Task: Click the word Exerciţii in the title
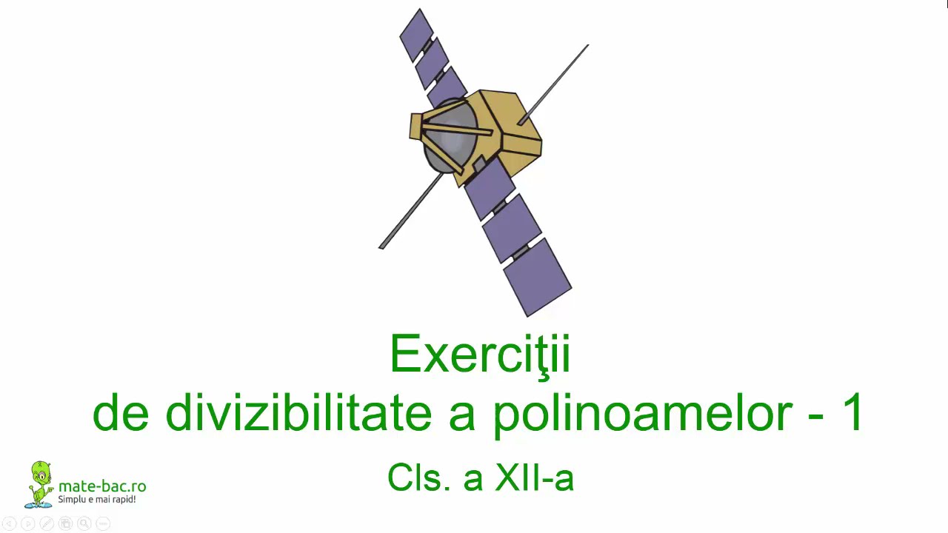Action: [480, 355]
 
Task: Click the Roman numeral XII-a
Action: [534, 477]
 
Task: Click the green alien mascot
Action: [40, 484]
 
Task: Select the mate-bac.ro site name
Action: [102, 486]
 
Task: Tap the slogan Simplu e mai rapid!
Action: [97, 500]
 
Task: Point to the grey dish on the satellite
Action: [448, 137]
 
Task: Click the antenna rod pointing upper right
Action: [555, 82]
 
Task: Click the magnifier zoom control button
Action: [84, 524]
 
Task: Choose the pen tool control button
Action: [46, 524]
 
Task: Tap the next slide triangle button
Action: [27, 524]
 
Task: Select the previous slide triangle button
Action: [9, 524]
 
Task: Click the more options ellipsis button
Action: [103, 524]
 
